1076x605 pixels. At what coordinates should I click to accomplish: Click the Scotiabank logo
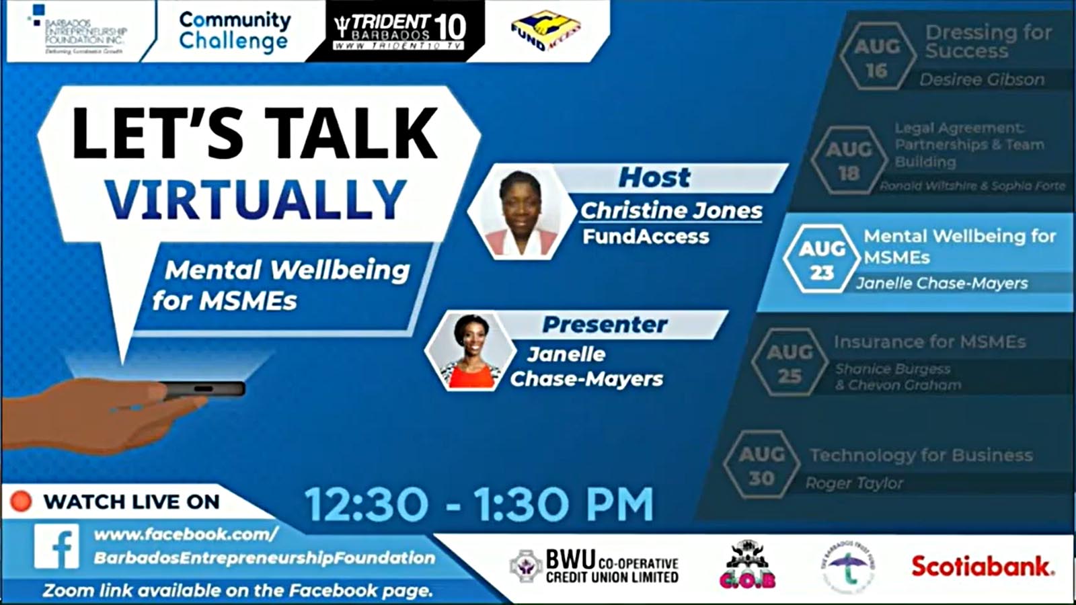pyautogui.click(x=983, y=567)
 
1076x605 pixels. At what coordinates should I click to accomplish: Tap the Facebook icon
pyautogui.click(x=57, y=547)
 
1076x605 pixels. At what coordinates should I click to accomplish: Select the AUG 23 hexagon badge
pyautogui.click(x=822, y=259)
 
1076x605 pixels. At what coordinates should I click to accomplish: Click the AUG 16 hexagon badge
pyautogui.click(x=876, y=58)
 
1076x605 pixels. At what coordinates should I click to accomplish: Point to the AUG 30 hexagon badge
pyautogui.click(x=761, y=465)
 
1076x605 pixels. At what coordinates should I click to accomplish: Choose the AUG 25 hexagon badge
pyautogui.click(x=790, y=363)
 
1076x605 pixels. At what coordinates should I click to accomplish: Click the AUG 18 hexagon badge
pyautogui.click(x=849, y=160)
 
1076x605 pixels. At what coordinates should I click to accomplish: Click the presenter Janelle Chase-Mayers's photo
pyautogui.click(x=470, y=351)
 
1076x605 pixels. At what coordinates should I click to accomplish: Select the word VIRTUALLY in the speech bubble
pyautogui.click(x=256, y=200)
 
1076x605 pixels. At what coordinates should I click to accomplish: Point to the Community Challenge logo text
pyautogui.click(x=234, y=31)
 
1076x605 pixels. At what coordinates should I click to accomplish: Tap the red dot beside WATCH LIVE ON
pyautogui.click(x=21, y=501)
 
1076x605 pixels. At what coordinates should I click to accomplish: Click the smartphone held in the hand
pyautogui.click(x=202, y=389)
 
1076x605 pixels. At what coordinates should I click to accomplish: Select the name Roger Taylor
pyautogui.click(x=854, y=483)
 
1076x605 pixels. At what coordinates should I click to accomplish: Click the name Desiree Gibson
pyautogui.click(x=982, y=79)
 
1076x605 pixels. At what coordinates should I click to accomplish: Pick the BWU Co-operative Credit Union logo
pyautogui.click(x=594, y=566)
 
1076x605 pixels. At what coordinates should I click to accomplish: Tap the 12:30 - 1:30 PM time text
pyautogui.click(x=479, y=504)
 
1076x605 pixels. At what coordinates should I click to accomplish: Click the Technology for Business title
pyautogui.click(x=921, y=455)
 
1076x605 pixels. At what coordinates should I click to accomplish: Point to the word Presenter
pyautogui.click(x=605, y=325)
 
